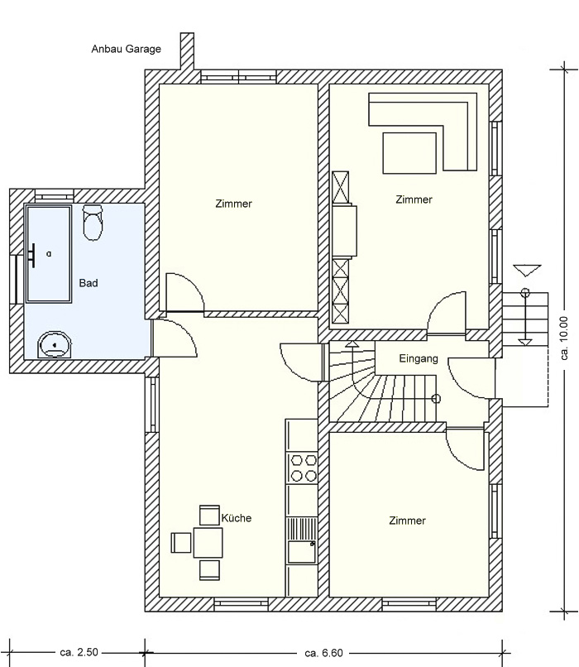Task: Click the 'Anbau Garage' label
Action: (x=127, y=50)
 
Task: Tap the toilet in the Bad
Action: (x=93, y=223)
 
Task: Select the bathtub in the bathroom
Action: (x=48, y=253)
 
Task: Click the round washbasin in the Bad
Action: (x=55, y=345)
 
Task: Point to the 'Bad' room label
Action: (x=89, y=283)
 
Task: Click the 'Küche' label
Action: (x=237, y=518)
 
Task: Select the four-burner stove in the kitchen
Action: (x=302, y=468)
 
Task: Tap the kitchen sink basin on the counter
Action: (x=301, y=552)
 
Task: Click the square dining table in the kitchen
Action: (x=208, y=543)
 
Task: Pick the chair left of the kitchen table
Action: (x=181, y=543)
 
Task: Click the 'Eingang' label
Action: (x=419, y=359)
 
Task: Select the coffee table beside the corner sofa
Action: (x=409, y=153)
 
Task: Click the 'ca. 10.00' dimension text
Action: (x=564, y=338)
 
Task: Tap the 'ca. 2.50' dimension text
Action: (x=79, y=652)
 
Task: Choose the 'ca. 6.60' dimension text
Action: (x=324, y=653)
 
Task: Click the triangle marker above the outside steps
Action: (x=527, y=270)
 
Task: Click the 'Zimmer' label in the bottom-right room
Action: (x=407, y=521)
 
